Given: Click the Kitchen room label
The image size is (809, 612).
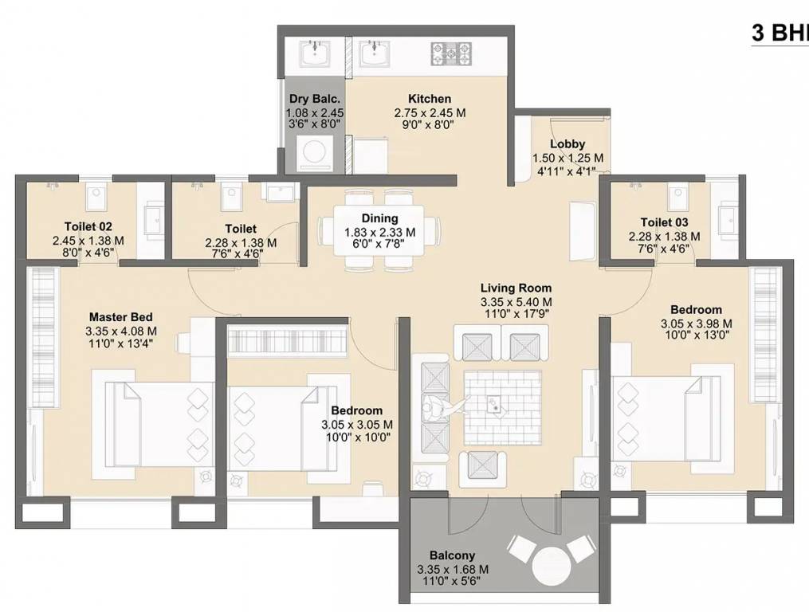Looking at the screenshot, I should point(430,99).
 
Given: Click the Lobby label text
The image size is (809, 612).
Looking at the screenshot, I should point(567,144).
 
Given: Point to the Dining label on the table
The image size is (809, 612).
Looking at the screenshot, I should point(379,218).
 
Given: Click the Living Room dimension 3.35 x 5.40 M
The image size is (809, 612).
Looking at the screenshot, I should point(516,302).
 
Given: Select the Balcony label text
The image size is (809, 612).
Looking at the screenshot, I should point(452,555).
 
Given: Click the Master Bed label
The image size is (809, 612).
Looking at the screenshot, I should point(120,316).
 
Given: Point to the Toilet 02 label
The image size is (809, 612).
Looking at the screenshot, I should point(88,226).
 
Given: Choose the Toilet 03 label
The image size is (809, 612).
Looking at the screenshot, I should point(664,222).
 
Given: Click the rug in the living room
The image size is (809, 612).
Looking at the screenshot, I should point(498,406).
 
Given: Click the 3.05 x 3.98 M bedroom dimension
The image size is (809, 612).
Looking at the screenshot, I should point(696,324).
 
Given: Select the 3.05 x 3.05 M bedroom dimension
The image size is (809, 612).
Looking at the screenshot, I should point(356,425).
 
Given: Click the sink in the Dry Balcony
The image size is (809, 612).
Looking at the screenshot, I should point(316,54).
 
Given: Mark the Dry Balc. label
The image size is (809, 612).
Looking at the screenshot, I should point(314,99).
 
